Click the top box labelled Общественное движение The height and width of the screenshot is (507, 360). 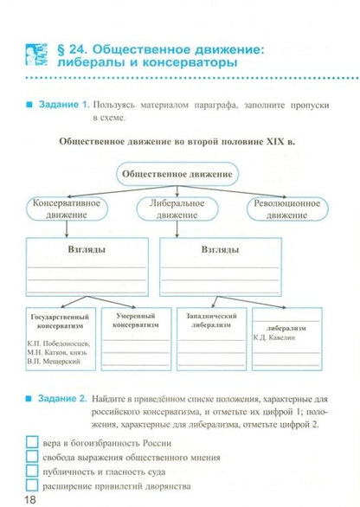pos(177,174)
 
